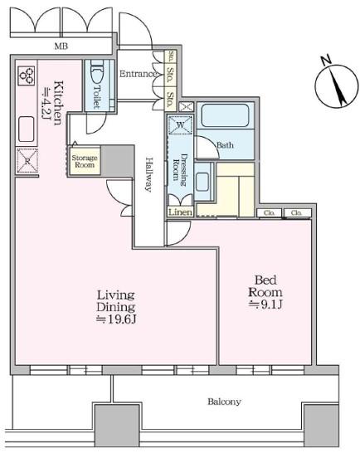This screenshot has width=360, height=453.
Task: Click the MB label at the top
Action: [61, 46]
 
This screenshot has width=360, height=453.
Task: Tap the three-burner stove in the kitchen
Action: [27, 75]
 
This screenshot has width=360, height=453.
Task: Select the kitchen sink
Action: [27, 129]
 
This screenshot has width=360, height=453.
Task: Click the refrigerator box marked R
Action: [27, 161]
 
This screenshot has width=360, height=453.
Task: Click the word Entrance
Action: [138, 74]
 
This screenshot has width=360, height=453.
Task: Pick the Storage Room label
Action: [85, 161]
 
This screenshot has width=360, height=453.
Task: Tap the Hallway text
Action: [149, 174]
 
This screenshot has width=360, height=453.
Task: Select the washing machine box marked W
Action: [180, 124]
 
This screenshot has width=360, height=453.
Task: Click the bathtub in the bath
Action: [225, 115]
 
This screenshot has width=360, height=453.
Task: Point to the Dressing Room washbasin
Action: [202, 182]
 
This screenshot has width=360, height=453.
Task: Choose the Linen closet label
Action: [180, 212]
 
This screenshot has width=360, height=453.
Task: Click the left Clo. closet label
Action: [269, 213]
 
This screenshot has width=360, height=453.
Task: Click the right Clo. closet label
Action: [296, 213]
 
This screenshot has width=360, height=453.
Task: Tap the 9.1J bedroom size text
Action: [265, 304]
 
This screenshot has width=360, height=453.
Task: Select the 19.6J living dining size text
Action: [116, 319]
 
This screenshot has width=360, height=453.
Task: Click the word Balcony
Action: [224, 402]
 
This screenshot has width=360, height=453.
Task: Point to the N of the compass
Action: [326, 61]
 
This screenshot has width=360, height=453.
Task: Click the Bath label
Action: [225, 145]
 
